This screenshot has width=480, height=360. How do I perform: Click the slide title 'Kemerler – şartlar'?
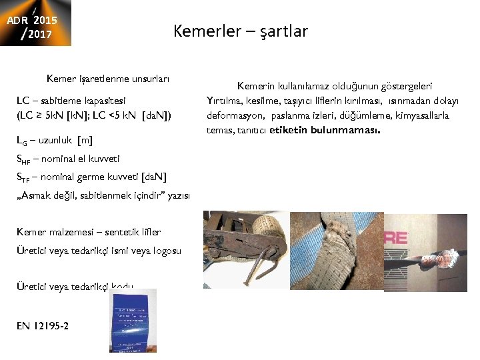pyautogui.click(x=240, y=31)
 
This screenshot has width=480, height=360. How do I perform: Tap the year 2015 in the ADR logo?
pyautogui.click(x=45, y=19)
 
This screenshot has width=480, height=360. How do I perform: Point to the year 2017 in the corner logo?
pyautogui.click(x=40, y=33)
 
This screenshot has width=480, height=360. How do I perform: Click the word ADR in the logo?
pyautogui.click(x=17, y=20)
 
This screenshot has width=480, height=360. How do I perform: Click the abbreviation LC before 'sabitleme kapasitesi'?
pyautogui.click(x=22, y=101)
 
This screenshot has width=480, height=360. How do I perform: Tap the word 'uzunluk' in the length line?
pyautogui.click(x=57, y=140)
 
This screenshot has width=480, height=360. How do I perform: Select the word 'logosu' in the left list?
pyautogui.click(x=167, y=250)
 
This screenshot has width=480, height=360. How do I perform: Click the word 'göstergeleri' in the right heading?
pyautogui.click(x=405, y=86)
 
